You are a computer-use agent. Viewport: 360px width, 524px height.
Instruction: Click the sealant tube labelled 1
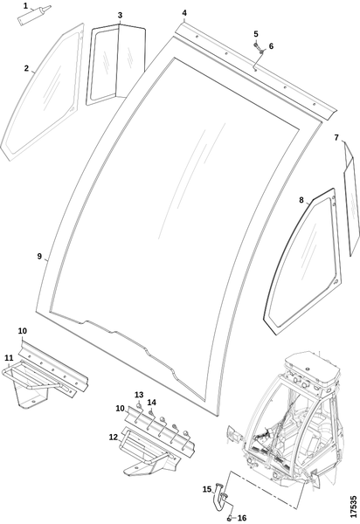[33, 15]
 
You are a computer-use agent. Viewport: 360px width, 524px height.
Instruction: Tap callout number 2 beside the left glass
[26, 68]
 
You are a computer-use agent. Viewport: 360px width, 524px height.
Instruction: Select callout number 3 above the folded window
[120, 15]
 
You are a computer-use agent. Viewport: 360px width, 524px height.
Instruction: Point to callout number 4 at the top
[184, 13]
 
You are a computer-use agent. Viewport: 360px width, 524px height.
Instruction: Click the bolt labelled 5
[256, 44]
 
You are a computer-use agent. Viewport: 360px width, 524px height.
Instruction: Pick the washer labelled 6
[262, 52]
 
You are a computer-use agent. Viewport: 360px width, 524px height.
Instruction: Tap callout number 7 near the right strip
[336, 137]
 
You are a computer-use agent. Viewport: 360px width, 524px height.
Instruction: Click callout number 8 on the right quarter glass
[301, 200]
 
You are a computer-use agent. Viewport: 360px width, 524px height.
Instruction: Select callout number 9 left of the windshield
[40, 256]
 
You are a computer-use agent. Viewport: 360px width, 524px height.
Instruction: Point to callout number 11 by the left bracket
[9, 358]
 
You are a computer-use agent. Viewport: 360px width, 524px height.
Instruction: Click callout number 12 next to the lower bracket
[114, 437]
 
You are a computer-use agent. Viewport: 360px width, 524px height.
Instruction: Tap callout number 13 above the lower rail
[139, 395]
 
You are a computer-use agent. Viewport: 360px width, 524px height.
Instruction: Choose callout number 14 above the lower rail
[152, 403]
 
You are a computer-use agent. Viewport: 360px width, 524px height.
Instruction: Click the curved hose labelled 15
[218, 499]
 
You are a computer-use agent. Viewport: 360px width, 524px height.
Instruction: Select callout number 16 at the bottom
[242, 518]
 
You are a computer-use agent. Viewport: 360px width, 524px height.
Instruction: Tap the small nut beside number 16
[229, 518]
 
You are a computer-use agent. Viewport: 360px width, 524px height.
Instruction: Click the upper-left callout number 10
[23, 330]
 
